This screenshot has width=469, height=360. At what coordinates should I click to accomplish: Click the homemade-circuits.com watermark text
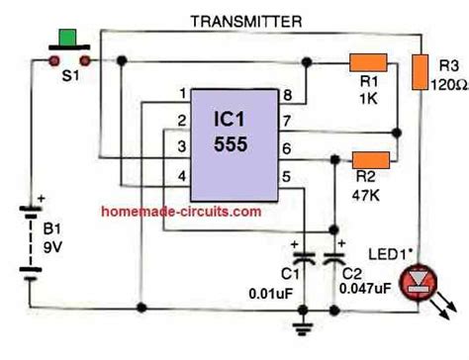(180, 211)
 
